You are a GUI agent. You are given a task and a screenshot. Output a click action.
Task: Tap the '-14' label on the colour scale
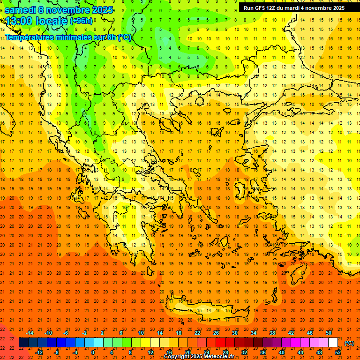pos(29,333)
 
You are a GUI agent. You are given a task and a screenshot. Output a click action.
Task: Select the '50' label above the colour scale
pos(328,333)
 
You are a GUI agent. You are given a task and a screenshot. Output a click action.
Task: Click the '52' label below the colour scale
pos(338,352)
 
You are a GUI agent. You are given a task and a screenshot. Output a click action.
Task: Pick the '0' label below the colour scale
pos(92,352)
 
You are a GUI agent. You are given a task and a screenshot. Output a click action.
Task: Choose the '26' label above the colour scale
pos(216,333)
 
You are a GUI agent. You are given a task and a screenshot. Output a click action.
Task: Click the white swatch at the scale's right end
pos(333,343)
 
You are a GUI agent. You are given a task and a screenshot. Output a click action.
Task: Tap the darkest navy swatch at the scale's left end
pos(23,343)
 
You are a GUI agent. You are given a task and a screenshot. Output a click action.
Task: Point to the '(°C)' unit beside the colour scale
pos(349,343)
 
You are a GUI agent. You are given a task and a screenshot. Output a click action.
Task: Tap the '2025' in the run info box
pos(336,8)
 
